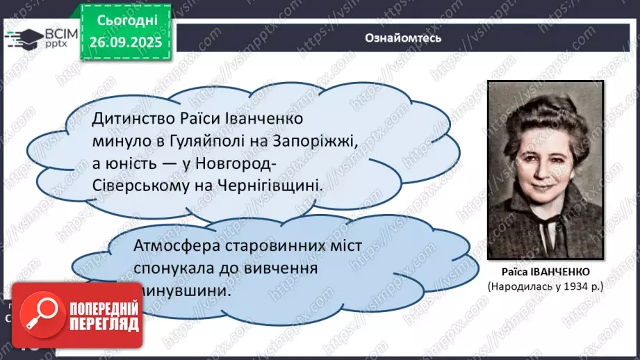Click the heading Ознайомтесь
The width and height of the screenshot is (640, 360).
tap(403, 39)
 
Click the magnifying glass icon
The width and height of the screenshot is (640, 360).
tap(39, 316)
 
